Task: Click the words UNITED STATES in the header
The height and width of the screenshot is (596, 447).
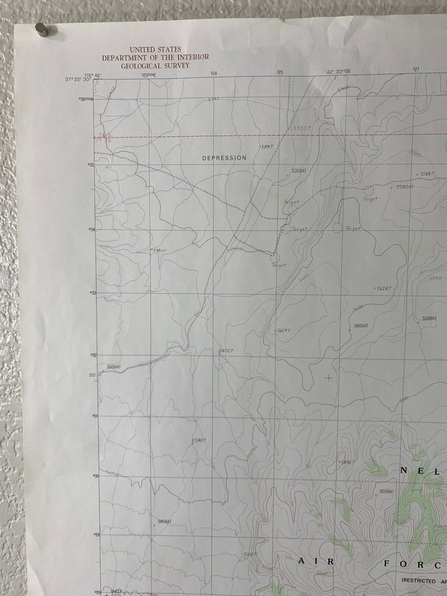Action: (x=155, y=49)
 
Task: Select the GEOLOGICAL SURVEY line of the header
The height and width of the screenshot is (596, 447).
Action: (x=155, y=65)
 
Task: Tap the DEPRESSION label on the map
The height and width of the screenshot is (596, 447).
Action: (x=224, y=158)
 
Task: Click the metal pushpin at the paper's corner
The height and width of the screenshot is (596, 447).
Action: (x=42, y=29)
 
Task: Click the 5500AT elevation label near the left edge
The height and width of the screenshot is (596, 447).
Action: (x=114, y=368)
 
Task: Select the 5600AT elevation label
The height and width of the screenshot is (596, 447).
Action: (x=361, y=326)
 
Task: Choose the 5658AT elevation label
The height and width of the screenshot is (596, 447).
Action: (x=165, y=521)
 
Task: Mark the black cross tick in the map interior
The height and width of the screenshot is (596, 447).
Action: (x=328, y=377)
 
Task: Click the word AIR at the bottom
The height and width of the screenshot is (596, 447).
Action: (x=317, y=561)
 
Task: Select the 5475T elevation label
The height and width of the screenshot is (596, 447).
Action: (x=225, y=351)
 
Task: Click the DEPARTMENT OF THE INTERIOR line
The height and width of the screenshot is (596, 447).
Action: (x=155, y=57)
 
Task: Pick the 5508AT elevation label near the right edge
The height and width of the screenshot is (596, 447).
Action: (x=430, y=318)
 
